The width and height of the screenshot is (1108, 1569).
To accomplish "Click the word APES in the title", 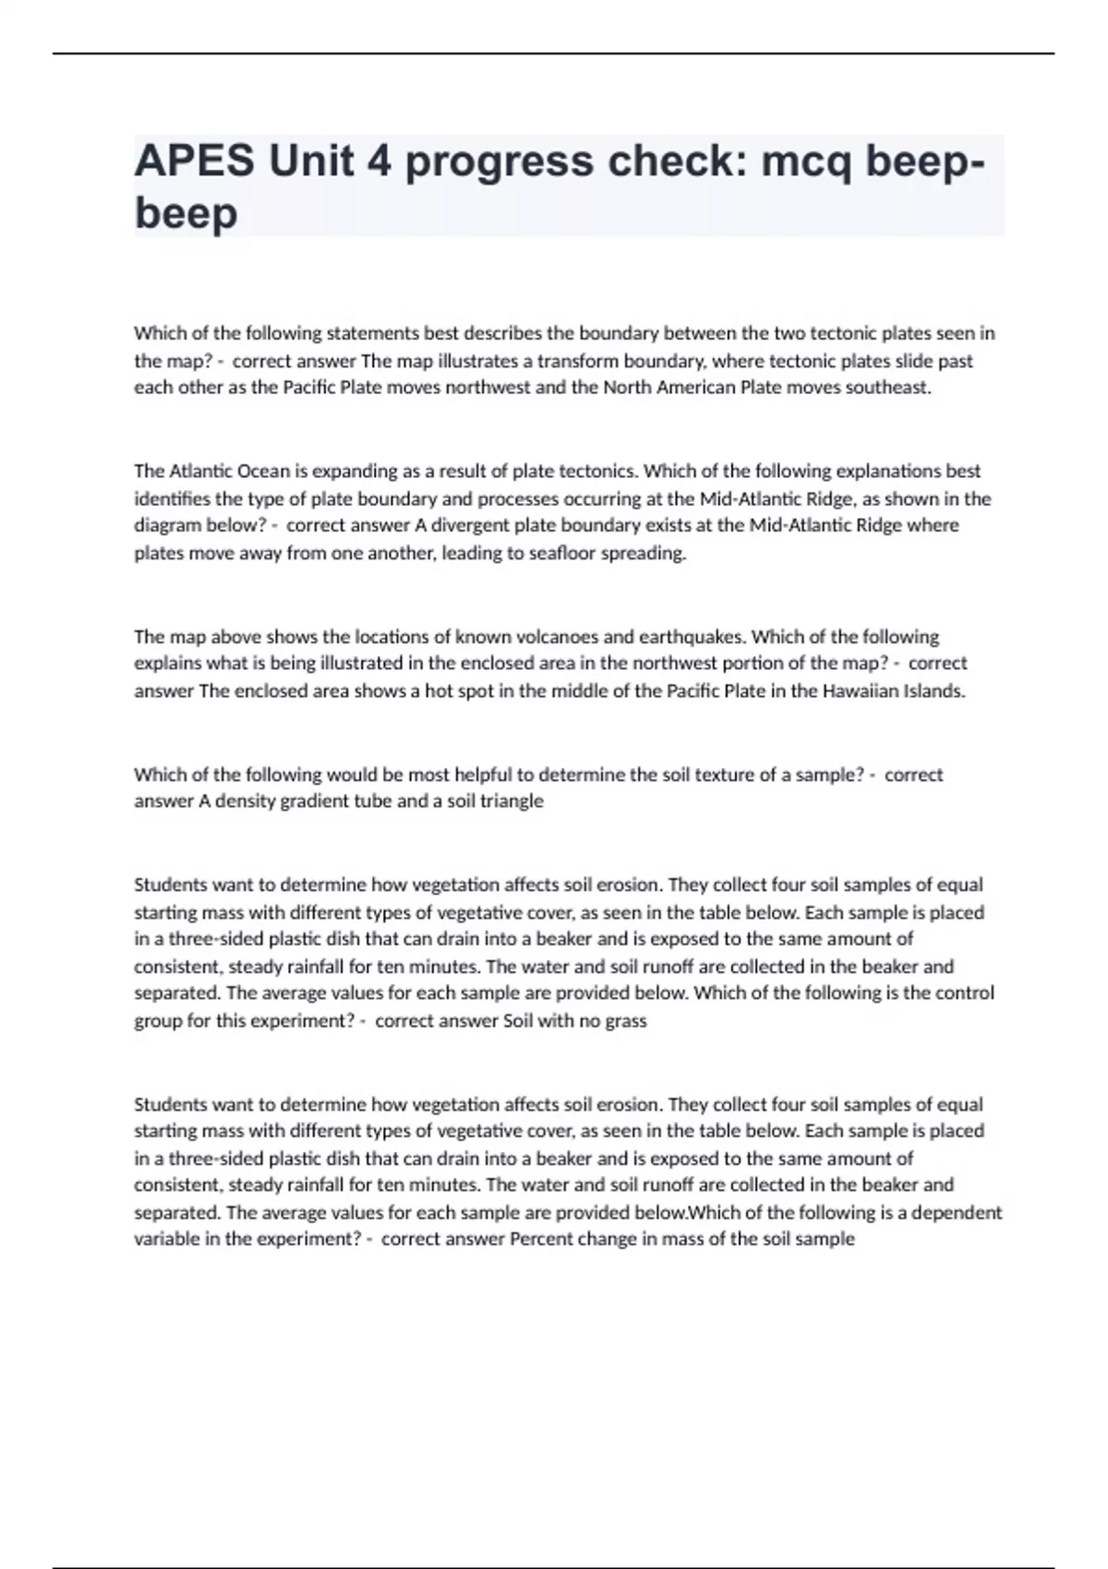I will [x=194, y=162].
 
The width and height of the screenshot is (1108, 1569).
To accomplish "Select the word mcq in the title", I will [x=806, y=162].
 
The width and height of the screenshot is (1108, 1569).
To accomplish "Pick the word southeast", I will [x=887, y=388].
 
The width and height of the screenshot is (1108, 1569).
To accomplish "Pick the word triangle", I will [x=509, y=801].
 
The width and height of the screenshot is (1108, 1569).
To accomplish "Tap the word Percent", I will [x=541, y=1239].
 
